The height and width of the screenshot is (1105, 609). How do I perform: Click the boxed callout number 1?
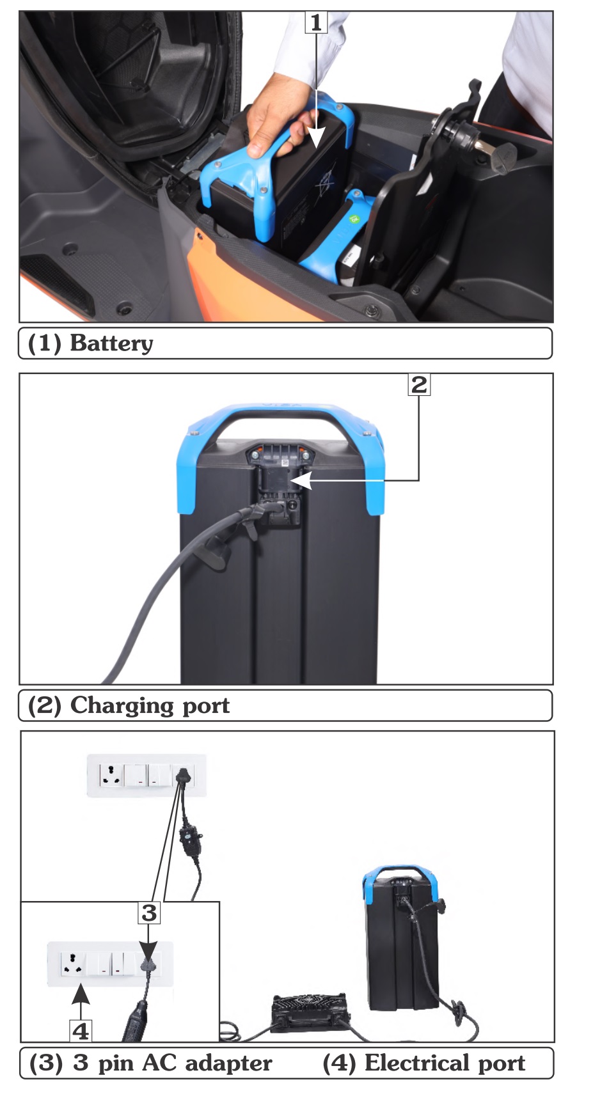(316, 22)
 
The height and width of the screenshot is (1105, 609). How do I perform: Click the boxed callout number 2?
(419, 384)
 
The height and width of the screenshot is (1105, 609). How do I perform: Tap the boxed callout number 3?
(149, 913)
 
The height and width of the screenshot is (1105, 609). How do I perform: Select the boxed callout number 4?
(81, 1031)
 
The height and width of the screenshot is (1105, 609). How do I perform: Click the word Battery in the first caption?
(111, 343)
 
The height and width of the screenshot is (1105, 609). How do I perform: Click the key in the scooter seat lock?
(501, 153)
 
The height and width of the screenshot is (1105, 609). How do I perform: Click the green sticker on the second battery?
(355, 219)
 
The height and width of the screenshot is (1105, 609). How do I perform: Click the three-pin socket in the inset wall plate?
(74, 963)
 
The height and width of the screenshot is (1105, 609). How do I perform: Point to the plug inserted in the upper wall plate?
(183, 776)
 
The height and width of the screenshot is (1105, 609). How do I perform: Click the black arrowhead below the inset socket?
(80, 994)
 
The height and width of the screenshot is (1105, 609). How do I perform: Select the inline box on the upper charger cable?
(191, 838)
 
